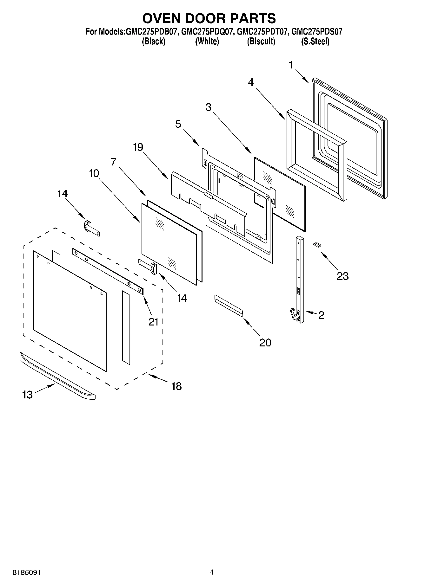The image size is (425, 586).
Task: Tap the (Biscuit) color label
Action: coord(261,42)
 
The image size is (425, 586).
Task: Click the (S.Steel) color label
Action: coord(315,42)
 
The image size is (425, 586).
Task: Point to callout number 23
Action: coord(342,276)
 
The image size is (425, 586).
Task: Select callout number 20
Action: coord(265,342)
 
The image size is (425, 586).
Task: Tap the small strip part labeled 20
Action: coord(229,305)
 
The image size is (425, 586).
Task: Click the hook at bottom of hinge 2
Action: coord(294,315)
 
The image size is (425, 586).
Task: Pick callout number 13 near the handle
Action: coord(28,395)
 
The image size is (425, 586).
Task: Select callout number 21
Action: coord(153,322)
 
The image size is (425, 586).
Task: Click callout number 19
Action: coord(138,147)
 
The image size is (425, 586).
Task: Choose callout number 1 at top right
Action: coord(291,65)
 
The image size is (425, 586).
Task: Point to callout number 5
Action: coord(178,124)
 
